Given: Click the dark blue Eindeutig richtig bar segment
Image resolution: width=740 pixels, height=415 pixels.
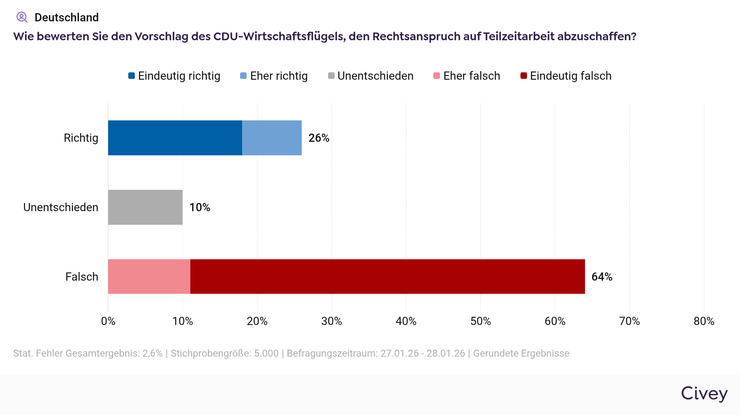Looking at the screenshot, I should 175,138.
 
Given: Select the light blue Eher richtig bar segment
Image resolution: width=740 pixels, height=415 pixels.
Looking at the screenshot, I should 272,138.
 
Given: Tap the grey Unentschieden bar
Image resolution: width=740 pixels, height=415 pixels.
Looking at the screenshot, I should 145,207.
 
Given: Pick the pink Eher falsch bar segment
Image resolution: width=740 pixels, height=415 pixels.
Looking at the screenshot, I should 149,277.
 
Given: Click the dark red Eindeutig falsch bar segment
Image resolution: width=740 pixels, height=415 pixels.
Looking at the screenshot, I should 387,277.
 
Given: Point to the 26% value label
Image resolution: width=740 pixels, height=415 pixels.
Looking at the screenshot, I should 319,138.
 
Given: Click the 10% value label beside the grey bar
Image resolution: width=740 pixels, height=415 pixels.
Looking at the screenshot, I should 199,207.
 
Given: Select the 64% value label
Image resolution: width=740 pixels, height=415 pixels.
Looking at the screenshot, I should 601,277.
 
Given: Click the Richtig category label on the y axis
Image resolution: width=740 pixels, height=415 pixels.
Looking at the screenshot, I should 81,138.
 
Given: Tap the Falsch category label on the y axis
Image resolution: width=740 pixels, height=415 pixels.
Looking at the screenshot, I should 82,277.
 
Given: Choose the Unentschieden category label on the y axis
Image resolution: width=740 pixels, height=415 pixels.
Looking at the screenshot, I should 61,207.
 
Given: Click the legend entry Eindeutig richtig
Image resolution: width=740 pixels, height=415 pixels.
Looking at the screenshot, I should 174,76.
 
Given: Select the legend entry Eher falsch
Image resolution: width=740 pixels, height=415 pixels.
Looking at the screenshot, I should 467,76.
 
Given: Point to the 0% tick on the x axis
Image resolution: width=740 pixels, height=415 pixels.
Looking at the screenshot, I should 108,321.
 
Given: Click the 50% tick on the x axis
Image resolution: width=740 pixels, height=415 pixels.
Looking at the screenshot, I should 481,321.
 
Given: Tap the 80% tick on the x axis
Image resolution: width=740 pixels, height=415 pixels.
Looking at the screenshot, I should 704,321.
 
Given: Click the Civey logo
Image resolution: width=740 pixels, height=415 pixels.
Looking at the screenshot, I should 704,394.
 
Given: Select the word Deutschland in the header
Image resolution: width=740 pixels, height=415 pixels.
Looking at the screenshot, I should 67,17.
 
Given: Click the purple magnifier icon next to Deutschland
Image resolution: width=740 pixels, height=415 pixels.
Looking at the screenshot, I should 22,17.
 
